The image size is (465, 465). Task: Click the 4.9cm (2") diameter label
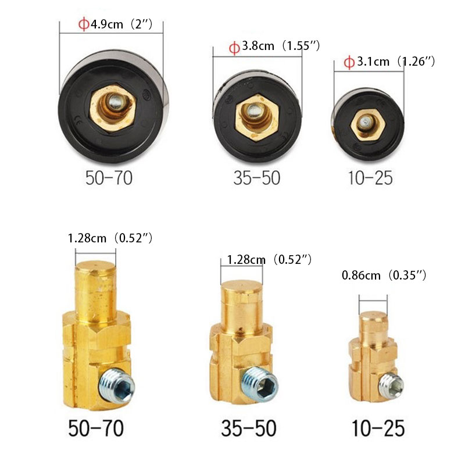[x=116, y=24]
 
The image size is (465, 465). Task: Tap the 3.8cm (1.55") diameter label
[x=274, y=46]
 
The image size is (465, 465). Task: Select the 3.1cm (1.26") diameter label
[x=389, y=62]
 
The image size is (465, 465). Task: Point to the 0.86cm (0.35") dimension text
[x=384, y=275]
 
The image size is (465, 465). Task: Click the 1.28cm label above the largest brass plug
[x=110, y=238]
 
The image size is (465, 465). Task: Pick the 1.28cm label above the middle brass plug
[x=269, y=259]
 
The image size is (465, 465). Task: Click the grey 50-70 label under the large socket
[x=109, y=178]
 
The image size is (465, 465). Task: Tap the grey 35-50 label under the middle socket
[x=257, y=178]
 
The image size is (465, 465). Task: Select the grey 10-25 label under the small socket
[x=370, y=178]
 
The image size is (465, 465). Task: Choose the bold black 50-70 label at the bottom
[x=96, y=428]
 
